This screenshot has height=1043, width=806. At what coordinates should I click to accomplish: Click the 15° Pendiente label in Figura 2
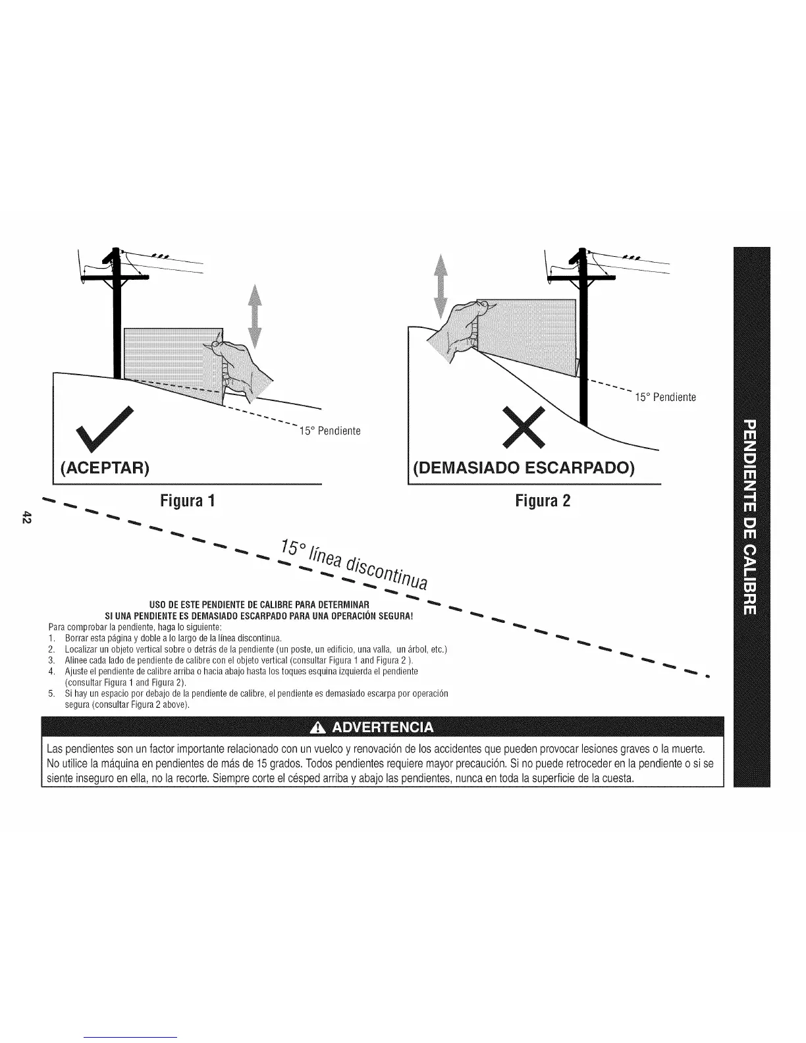[665, 397]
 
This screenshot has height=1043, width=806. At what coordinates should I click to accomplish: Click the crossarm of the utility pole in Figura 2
[581, 279]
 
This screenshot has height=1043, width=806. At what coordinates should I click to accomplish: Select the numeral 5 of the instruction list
[51, 694]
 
